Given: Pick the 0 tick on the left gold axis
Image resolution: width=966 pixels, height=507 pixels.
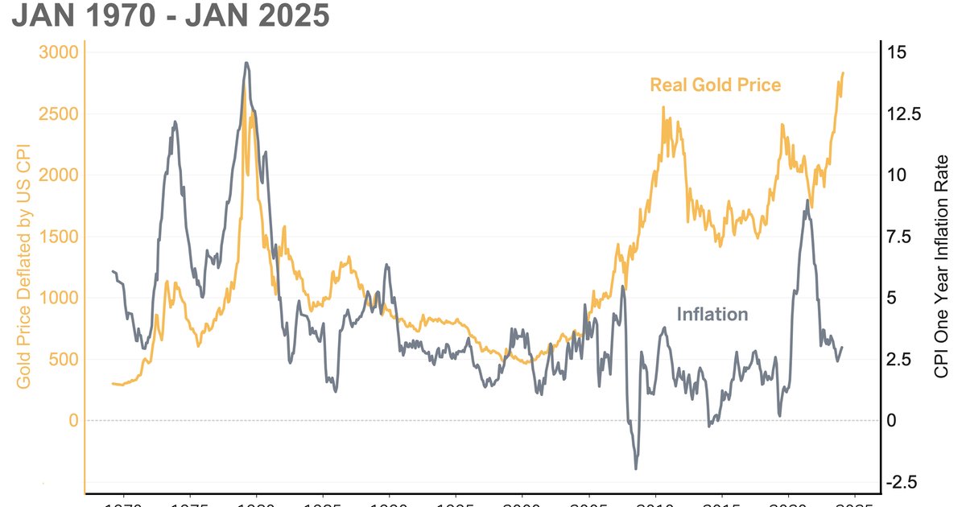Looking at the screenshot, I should click(72, 420).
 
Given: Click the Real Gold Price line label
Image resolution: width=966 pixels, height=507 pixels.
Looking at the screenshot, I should click(715, 84).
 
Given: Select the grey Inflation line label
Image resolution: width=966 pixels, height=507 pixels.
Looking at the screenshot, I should click(712, 314).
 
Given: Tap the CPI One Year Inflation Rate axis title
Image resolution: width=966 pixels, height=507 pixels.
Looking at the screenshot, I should click(942, 266).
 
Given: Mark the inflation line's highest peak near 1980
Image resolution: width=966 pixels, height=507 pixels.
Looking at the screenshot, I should click(246, 63).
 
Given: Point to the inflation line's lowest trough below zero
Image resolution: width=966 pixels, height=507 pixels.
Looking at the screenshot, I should click(636, 468).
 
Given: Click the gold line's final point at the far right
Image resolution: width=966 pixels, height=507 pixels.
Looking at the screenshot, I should click(843, 73).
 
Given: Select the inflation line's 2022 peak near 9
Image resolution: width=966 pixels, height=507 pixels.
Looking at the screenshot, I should click(807, 200).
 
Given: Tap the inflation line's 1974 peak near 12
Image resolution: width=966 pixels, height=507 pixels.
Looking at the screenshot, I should click(175, 122).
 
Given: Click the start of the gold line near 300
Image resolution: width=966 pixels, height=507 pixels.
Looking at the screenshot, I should click(113, 384).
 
